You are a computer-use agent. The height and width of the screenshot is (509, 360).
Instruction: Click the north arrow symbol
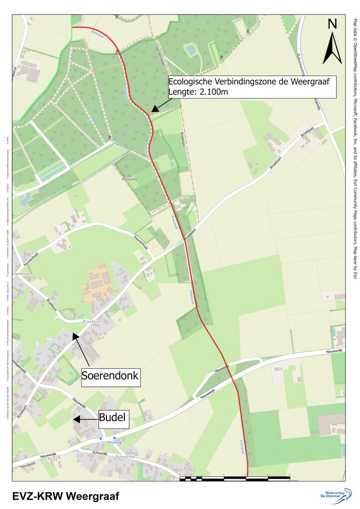tap(332, 48)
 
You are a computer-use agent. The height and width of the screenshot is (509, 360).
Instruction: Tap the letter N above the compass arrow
tap(332, 23)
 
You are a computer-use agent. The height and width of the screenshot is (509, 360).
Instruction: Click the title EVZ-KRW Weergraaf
tap(66, 496)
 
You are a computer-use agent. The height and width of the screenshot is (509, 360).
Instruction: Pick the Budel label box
tap(113, 419)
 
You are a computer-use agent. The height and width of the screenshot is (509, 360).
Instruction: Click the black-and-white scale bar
tap(234, 478)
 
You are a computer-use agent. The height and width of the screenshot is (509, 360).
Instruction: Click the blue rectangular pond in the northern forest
tap(190, 49)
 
